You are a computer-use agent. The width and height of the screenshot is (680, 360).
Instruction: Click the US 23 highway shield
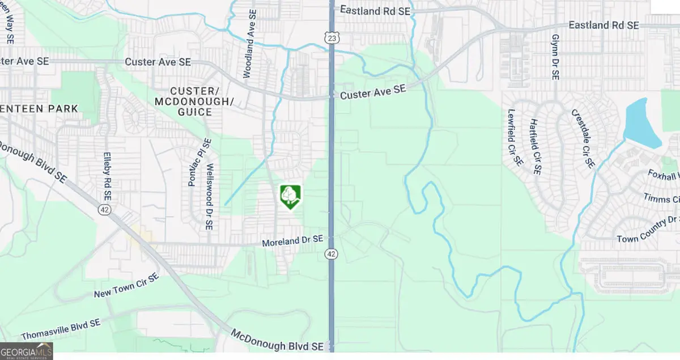(x=333, y=38)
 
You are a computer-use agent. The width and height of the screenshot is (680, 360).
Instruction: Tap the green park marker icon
(x=290, y=196)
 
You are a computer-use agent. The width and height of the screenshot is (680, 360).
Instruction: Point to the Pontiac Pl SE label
(x=192, y=163)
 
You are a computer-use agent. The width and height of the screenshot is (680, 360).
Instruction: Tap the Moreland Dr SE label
(x=292, y=241)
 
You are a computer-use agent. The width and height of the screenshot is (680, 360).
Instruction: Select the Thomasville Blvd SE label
(x=60, y=328)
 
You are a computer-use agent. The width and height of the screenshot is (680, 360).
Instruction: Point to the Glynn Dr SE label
(x=555, y=56)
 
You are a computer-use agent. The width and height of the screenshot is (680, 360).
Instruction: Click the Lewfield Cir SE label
(x=515, y=137)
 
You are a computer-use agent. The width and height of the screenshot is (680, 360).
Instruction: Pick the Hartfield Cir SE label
(x=535, y=146)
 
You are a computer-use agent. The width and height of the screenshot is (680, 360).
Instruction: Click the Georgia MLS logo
(x=27, y=351)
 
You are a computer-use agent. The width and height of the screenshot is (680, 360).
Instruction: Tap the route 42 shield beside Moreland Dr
(x=332, y=254)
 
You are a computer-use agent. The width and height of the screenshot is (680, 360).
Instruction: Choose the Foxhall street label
(x=663, y=176)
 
